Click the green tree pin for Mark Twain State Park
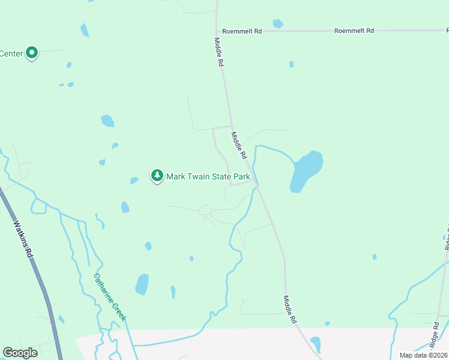click(157, 176)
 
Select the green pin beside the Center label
click(32, 53)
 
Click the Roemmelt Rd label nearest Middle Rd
click(242, 31)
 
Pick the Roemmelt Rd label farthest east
click(354, 31)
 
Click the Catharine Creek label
click(109, 297)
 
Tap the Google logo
click(20, 353)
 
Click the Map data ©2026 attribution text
click(423, 355)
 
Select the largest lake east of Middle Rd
click(306, 170)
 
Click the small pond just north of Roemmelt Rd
click(277, 24)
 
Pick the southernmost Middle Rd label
click(291, 310)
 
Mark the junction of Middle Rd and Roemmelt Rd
click(218, 31)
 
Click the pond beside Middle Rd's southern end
click(316, 344)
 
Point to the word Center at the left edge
click(11, 53)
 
